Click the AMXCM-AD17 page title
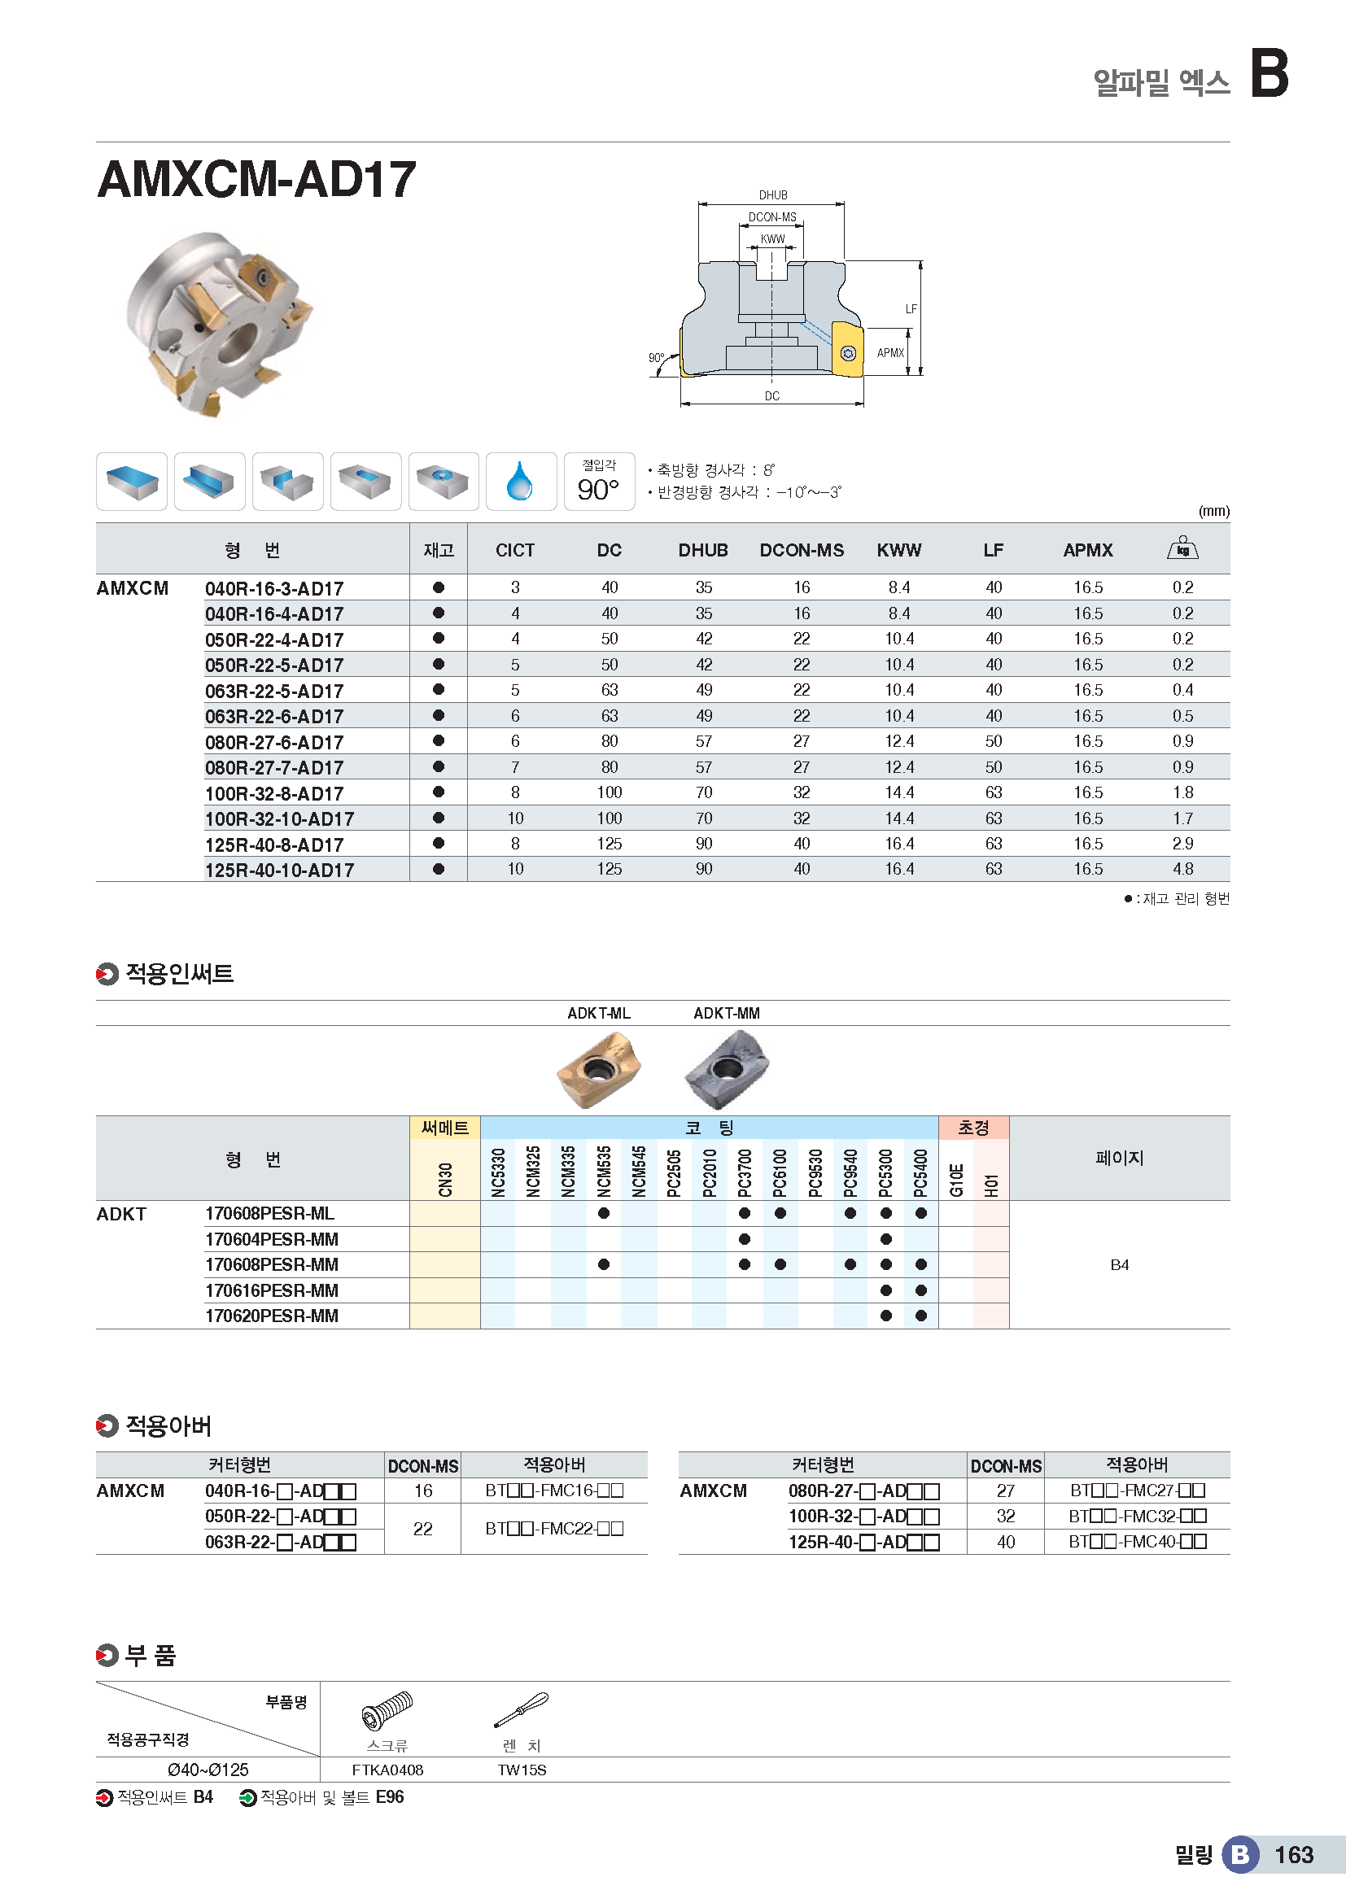click(256, 179)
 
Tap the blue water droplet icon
click(520, 482)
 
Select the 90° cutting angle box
click(598, 482)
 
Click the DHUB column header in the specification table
click(703, 550)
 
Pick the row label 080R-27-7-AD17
click(274, 767)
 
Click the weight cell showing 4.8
click(1182, 869)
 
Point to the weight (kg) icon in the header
click(1182, 548)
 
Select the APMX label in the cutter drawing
click(890, 352)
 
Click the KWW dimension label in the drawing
click(772, 238)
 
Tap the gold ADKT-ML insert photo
click(598, 1068)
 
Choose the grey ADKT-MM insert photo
click(726, 1068)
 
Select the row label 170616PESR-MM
click(272, 1290)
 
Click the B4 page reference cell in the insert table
click(1119, 1265)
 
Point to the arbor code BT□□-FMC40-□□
click(1137, 1542)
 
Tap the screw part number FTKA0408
click(387, 1770)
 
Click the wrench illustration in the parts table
click(522, 1710)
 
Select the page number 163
click(1294, 1855)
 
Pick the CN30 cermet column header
click(445, 1180)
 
